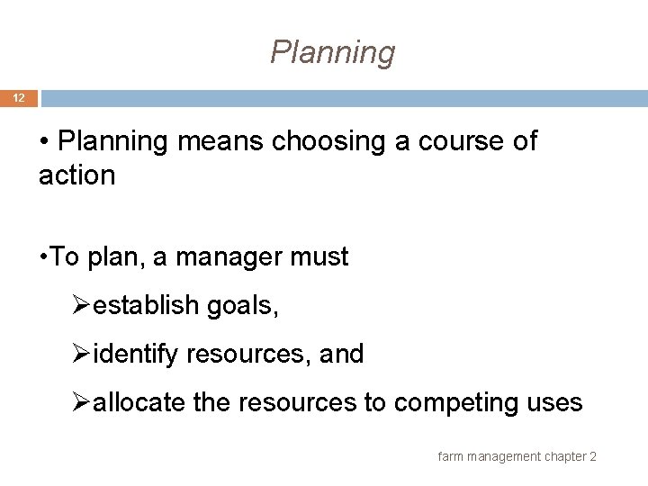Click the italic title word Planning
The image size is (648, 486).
point(332,53)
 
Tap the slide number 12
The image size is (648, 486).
point(18,98)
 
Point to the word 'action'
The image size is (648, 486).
point(76,175)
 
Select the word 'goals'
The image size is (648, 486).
point(243,307)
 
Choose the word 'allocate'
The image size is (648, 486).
point(140,402)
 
